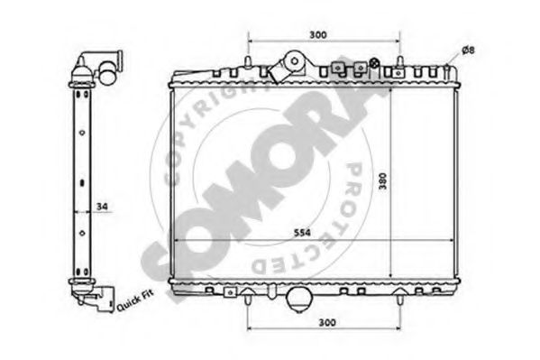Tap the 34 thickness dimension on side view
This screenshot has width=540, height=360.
(x=101, y=208)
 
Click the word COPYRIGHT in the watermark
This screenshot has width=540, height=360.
(x=203, y=126)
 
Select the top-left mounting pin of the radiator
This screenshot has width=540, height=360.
(x=246, y=60)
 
